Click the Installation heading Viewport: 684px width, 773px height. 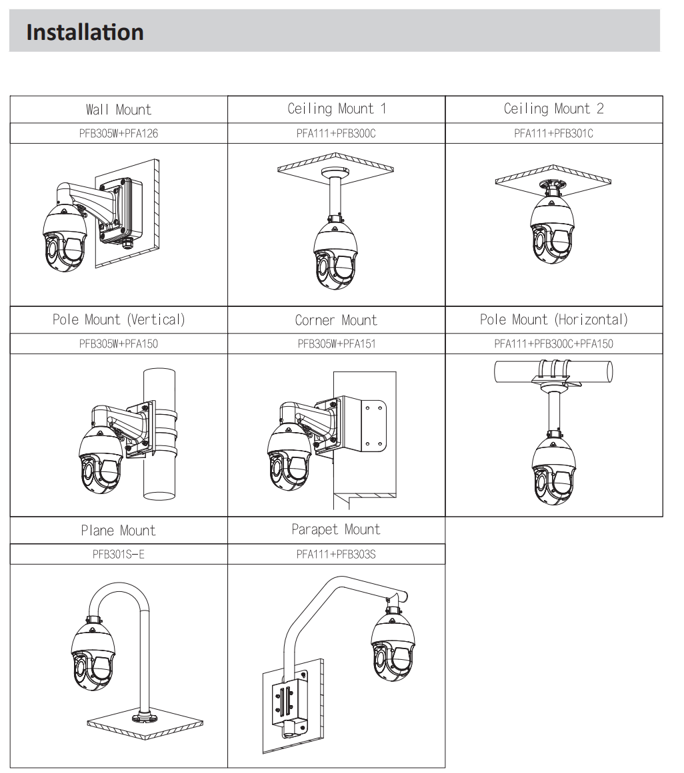point(85,32)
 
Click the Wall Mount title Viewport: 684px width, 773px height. point(119,109)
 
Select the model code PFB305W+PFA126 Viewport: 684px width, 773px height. point(119,133)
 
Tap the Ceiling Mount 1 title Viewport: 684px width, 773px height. point(337,109)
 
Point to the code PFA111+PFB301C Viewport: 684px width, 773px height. point(553,133)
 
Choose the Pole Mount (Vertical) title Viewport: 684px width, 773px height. point(119,320)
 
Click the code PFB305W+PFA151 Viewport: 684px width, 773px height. point(337,344)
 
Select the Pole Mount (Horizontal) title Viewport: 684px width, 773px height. point(554,320)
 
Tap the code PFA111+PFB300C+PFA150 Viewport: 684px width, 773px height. point(553,344)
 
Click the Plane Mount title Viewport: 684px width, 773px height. point(119,531)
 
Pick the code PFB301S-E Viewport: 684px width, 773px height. point(119,554)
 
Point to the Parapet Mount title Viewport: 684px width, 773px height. point(336,530)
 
